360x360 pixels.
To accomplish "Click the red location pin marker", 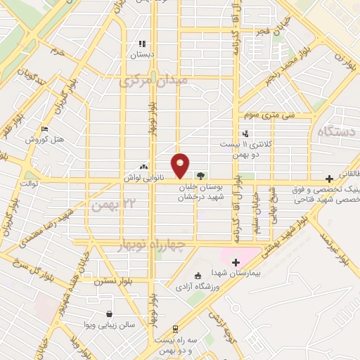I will tap(181, 165).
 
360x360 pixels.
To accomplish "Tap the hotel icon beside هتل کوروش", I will tap(44, 129).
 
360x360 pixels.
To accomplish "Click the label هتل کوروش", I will tap(45, 139).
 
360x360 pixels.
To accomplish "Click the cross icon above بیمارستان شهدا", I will tap(236, 262).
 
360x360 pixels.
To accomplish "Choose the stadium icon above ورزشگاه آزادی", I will tap(198, 275).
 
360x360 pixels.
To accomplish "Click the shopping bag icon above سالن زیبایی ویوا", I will tap(109, 314).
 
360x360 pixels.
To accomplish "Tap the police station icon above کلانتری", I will tap(245, 133).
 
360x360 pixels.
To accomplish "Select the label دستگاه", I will tap(337, 131).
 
